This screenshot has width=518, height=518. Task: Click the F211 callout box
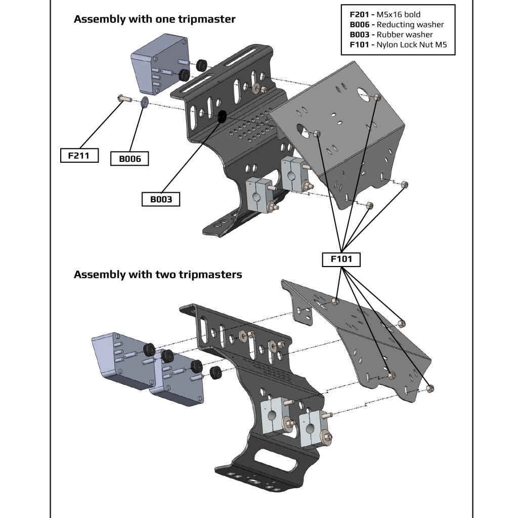pyautogui.click(x=78, y=155)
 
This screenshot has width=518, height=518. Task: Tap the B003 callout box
pyautogui.click(x=161, y=199)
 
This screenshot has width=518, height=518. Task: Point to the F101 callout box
pyautogui.click(x=341, y=260)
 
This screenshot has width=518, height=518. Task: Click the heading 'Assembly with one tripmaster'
pyautogui.click(x=154, y=19)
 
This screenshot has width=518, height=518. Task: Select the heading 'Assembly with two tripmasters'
pyautogui.click(x=158, y=275)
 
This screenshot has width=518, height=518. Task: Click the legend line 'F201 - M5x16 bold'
pyautogui.click(x=384, y=15)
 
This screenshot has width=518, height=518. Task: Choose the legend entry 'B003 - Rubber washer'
pyautogui.click(x=391, y=34)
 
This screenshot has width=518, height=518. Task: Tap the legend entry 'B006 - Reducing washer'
pyautogui.click(x=397, y=24)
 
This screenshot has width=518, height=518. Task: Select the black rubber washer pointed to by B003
pyautogui.click(x=221, y=117)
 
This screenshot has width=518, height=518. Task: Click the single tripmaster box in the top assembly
pyautogui.click(x=158, y=63)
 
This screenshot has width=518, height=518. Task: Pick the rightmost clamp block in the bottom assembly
pyautogui.click(x=313, y=427)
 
